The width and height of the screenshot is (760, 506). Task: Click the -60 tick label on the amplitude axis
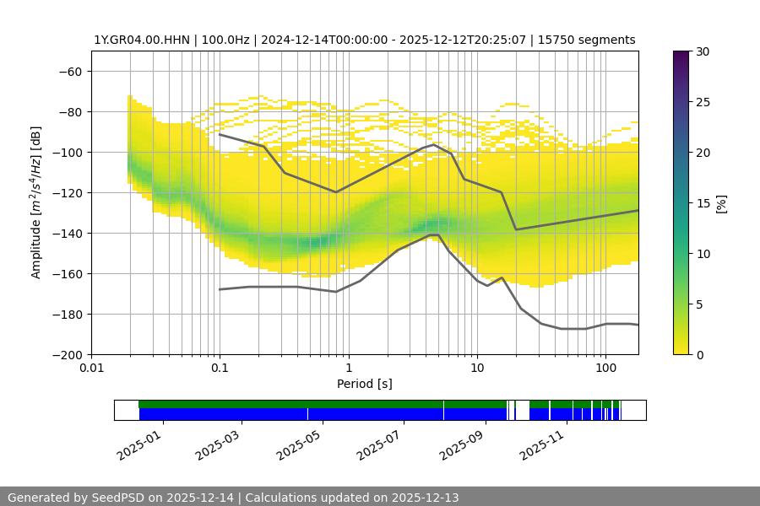70,71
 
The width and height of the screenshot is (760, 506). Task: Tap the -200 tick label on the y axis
68,354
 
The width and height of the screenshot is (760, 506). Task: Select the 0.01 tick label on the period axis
91,369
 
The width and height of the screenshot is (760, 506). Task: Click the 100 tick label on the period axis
605,369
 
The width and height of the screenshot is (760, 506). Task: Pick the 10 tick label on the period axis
477,369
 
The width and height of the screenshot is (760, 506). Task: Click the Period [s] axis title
365,384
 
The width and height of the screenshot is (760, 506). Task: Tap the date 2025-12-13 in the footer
420,498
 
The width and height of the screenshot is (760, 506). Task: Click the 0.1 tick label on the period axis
220,369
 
